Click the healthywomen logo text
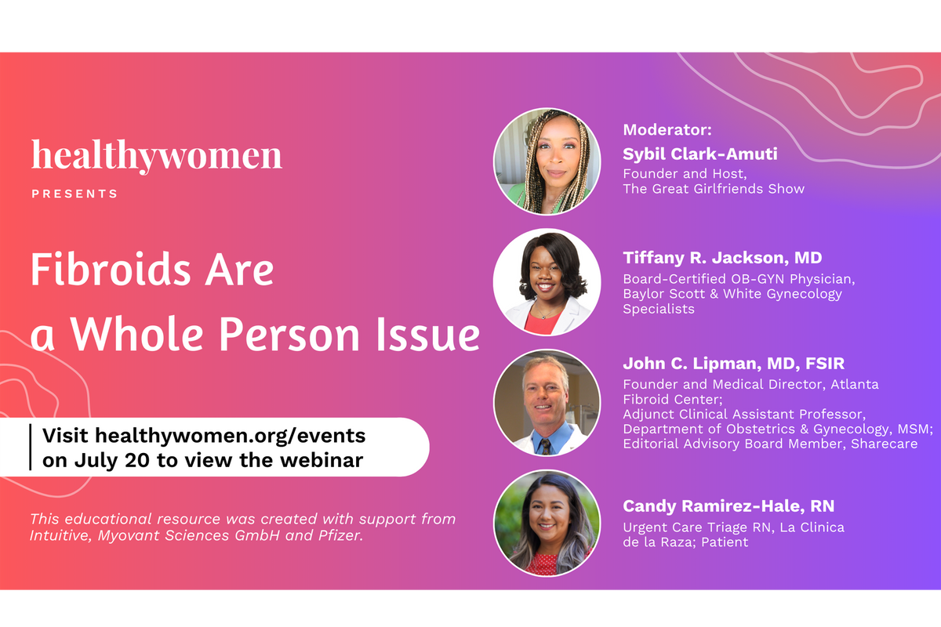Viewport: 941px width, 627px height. click(x=157, y=155)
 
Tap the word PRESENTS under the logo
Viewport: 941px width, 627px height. click(x=74, y=194)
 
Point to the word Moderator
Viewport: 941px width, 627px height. click(x=667, y=130)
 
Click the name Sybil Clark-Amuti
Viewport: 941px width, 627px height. click(x=700, y=154)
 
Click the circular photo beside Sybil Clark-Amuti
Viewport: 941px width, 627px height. click(x=547, y=161)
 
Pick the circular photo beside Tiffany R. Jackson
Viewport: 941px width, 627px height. click(x=547, y=282)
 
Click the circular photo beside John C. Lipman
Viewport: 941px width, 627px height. click(x=547, y=403)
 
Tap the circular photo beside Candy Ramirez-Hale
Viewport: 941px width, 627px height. click(x=547, y=523)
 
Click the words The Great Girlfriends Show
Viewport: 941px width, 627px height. click(x=714, y=189)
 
